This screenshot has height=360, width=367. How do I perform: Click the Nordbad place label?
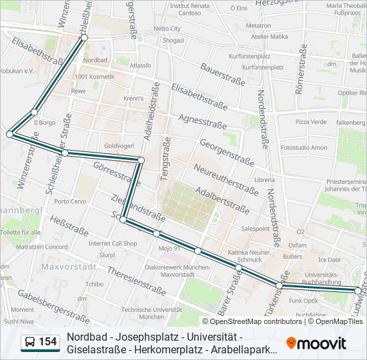[x=96, y=59]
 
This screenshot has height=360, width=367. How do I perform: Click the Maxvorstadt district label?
[x=69, y=266]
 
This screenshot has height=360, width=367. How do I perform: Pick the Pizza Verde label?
[x=311, y=122]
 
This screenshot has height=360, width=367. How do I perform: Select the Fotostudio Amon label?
[x=304, y=147]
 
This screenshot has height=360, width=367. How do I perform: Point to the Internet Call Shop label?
[x=113, y=243]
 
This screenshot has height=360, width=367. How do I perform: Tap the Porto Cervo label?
[x=70, y=201]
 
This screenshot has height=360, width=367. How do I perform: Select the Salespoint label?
[x=255, y=228]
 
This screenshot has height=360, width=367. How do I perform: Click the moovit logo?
[x=316, y=343]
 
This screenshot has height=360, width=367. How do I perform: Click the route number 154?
[x=47, y=343]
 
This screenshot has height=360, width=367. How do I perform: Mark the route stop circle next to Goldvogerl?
[x=141, y=159]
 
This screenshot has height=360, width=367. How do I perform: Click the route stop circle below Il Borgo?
[x=10, y=134]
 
